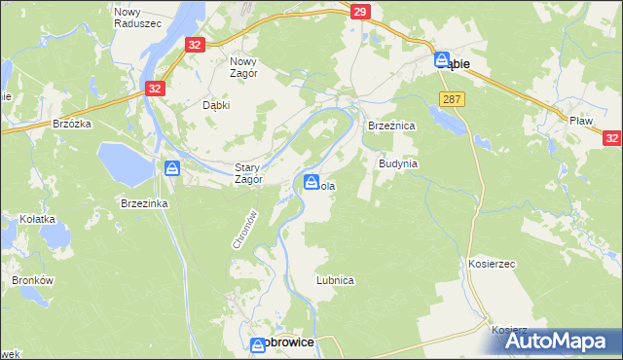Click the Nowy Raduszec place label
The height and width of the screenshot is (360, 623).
(128, 18)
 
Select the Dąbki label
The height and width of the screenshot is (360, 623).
(216, 106)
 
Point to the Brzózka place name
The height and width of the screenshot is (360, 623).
(72, 125)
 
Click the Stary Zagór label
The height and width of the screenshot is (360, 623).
(250, 173)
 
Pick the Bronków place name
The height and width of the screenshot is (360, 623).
(30, 279)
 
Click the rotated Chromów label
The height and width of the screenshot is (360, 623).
(244, 230)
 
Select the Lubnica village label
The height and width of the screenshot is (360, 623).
(334, 279)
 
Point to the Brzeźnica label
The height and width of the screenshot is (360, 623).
(391, 126)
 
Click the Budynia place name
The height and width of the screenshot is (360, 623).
(397, 163)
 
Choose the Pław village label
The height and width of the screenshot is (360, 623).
(582, 120)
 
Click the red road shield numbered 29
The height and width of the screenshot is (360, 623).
(360, 12)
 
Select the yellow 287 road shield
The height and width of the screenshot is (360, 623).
(451, 99)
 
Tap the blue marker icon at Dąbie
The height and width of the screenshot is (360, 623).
(440, 60)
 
